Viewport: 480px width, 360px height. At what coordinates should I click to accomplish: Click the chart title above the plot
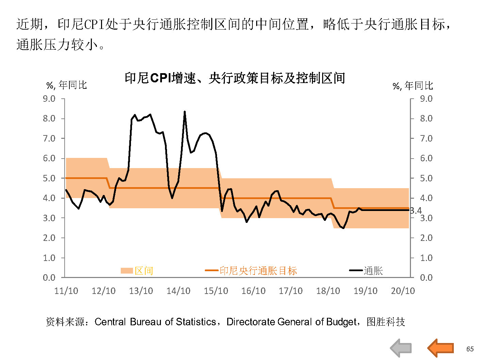point(235,78)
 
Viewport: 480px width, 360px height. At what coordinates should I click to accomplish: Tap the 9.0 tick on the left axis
point(49,99)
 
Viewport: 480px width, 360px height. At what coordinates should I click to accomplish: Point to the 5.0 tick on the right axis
point(426,178)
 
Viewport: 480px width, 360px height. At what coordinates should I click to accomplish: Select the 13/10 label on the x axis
point(141,291)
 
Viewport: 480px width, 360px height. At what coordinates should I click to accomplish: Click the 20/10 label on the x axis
point(403,291)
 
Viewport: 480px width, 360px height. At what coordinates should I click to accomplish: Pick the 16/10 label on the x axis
point(253,291)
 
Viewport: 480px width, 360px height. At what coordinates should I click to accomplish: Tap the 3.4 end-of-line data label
point(416,211)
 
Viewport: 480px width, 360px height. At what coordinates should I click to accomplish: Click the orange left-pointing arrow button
point(441,348)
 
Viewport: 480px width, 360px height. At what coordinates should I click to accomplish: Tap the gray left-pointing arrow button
point(401,348)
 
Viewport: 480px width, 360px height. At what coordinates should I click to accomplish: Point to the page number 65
point(470,349)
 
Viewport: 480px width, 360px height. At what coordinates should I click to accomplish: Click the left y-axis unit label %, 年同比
point(67,85)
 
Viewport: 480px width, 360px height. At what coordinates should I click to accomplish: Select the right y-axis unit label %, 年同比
point(413,86)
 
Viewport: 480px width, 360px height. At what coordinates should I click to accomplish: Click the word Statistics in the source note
point(195,322)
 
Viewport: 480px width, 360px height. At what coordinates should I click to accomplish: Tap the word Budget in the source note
point(341,322)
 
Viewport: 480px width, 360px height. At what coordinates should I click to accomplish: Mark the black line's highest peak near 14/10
point(185,112)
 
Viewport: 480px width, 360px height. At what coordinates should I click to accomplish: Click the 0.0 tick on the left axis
point(49,278)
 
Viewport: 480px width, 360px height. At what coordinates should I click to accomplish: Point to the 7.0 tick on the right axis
point(426,138)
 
